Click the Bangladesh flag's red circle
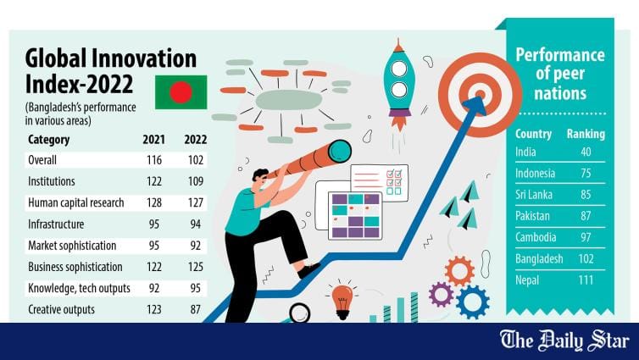[x=181, y=92]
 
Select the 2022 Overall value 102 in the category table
[x=196, y=160]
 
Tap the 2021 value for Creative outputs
[x=154, y=309]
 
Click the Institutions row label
[x=52, y=181]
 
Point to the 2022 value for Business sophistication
[x=196, y=267]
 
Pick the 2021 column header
[x=153, y=139]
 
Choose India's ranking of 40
[x=586, y=152]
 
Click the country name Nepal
[x=527, y=280]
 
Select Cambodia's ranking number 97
[x=586, y=237]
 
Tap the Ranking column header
[x=586, y=134]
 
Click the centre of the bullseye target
[x=480, y=95]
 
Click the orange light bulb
[x=342, y=302]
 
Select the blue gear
[x=473, y=302]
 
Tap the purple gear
[x=442, y=294]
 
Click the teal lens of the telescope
[x=340, y=151]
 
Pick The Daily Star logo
[x=564, y=341]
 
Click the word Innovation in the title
[x=145, y=58]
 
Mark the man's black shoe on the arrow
[x=308, y=270]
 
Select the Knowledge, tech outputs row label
[x=79, y=288]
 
